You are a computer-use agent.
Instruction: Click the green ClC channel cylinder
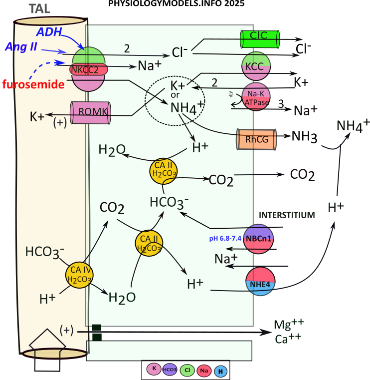coord(260,39)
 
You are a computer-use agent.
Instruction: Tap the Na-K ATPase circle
coord(256,97)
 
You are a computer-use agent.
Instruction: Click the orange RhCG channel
coord(256,140)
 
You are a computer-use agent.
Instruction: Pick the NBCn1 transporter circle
coord(261,239)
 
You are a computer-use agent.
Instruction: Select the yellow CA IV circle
coord(79,274)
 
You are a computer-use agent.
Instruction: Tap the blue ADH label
coord(49,32)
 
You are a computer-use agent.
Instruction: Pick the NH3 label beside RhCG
coord(305,136)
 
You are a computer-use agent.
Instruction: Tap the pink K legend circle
coord(155,370)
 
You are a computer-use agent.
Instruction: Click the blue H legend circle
coord(220,371)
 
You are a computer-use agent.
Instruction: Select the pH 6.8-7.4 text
coord(225,239)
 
